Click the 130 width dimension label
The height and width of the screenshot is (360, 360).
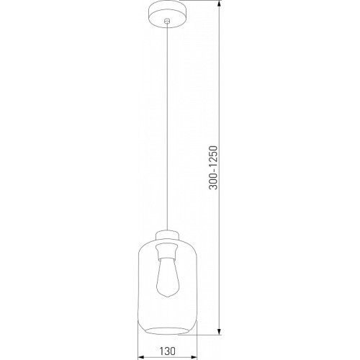[x=168, y=351]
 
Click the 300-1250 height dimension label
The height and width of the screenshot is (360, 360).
[x=213, y=168]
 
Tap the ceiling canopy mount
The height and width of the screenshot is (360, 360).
[x=168, y=14]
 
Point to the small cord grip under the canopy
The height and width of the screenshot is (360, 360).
[x=167, y=22]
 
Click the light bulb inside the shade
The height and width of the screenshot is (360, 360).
[x=167, y=276]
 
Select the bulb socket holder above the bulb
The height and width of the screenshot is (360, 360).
[x=167, y=252]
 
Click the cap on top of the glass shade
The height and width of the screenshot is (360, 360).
[x=167, y=235]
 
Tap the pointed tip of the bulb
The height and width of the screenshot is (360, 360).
[x=167, y=297]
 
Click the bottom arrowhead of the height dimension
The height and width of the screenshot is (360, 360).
[x=219, y=330]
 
